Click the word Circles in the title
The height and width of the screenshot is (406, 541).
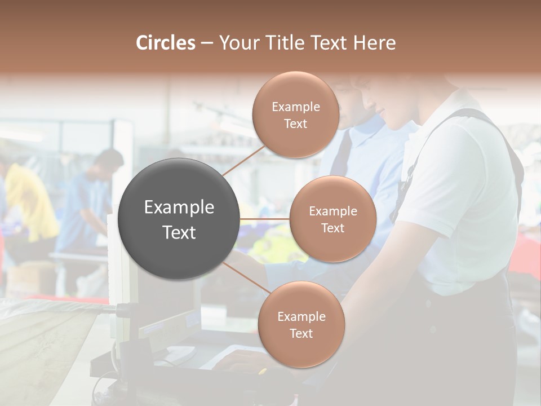(x=165, y=43)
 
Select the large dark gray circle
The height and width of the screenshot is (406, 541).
(x=179, y=219)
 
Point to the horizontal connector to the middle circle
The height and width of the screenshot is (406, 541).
(x=264, y=219)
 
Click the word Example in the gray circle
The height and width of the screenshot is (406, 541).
(x=179, y=208)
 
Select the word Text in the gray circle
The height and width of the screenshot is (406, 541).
(x=179, y=232)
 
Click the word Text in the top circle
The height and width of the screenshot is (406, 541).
(x=296, y=124)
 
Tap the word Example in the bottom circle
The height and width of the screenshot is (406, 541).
(x=301, y=316)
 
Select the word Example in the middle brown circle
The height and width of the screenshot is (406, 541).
(x=333, y=211)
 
